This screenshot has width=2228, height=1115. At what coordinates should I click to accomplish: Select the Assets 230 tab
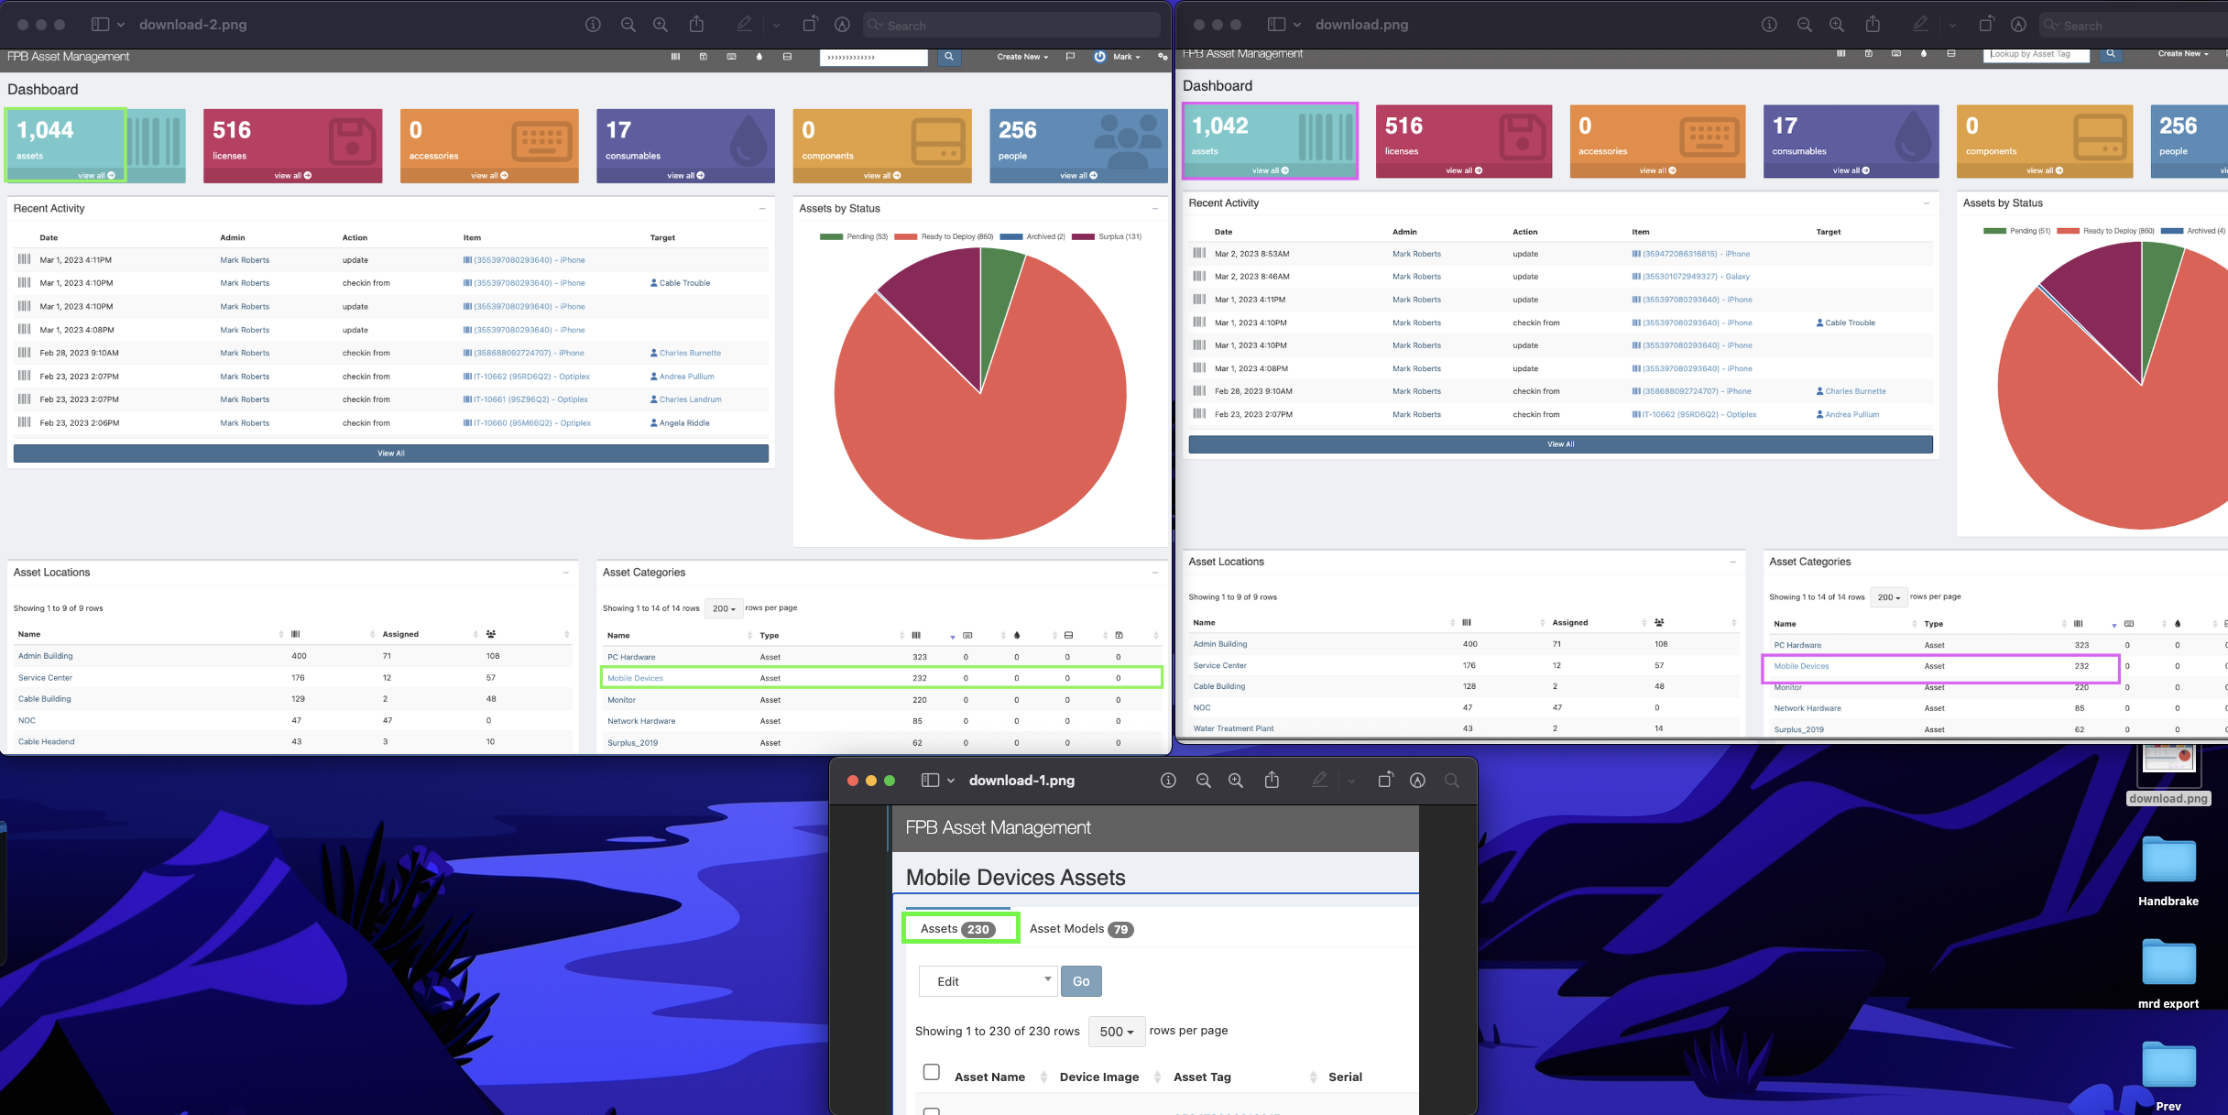tap(958, 928)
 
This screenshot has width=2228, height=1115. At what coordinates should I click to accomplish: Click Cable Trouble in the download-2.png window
tap(683, 283)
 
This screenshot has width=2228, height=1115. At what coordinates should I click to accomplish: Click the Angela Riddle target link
tap(683, 423)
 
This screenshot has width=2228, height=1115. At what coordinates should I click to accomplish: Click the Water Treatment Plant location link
tap(1233, 728)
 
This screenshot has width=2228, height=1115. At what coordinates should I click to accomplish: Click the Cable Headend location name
tap(47, 742)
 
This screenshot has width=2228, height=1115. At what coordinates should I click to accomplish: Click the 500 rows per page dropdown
tap(1116, 1032)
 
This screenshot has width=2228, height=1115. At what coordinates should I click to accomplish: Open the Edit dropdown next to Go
tap(988, 981)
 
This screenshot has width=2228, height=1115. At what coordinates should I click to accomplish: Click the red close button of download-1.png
tap(853, 781)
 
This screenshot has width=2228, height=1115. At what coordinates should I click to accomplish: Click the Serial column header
tap(1345, 1077)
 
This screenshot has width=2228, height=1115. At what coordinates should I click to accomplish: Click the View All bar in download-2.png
tap(391, 454)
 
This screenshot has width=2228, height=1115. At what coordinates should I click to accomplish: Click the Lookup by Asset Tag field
tap(2036, 55)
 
